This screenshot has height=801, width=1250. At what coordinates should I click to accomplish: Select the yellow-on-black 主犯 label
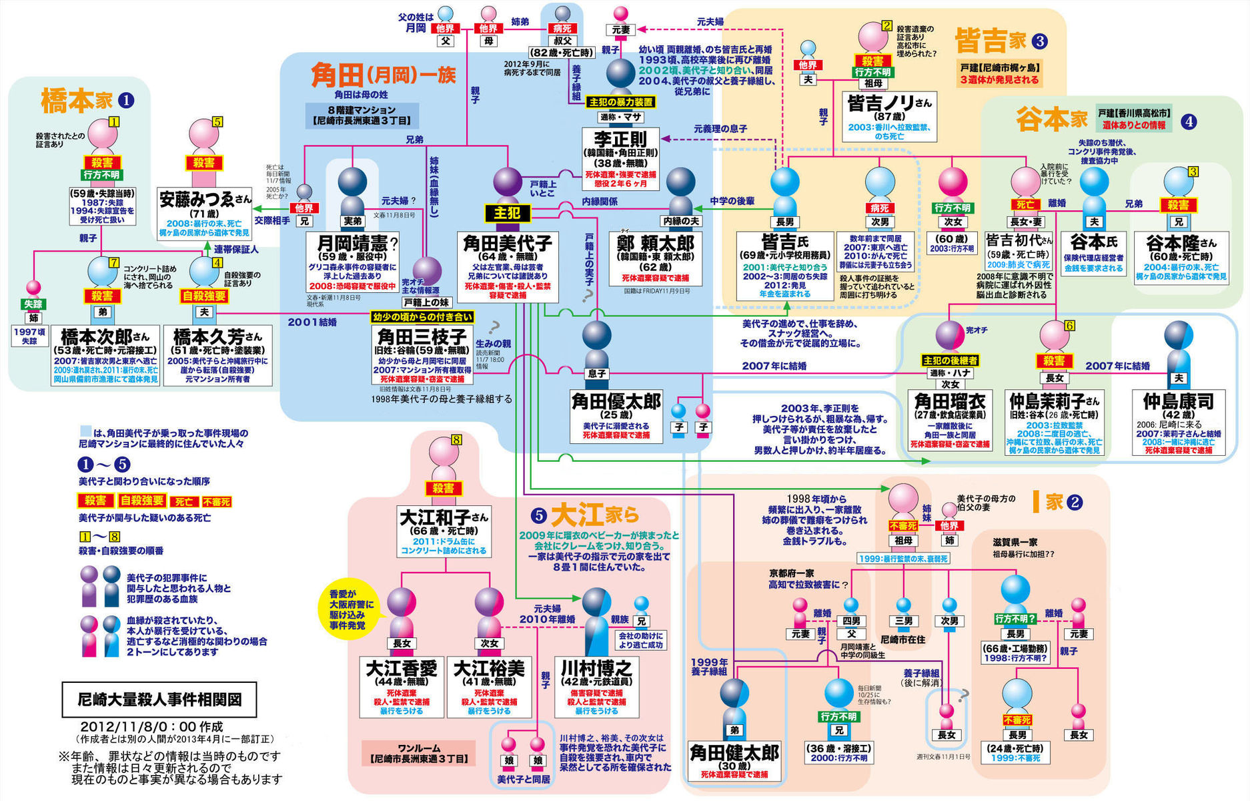click(x=507, y=213)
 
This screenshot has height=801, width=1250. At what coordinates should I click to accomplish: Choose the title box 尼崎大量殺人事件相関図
click(x=159, y=699)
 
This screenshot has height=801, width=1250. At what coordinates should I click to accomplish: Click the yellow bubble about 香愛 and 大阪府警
click(x=351, y=609)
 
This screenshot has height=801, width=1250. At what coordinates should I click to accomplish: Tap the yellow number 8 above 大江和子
click(x=456, y=439)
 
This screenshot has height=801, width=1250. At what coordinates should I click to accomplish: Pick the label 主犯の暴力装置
click(x=620, y=102)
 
